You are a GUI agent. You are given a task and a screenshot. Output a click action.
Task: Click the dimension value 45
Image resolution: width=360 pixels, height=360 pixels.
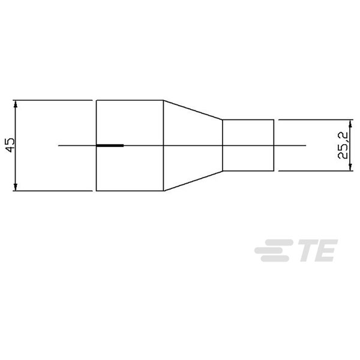pyautogui.click(x=10, y=145)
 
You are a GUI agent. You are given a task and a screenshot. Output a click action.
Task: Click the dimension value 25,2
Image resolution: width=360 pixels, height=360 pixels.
pyautogui.click(x=343, y=145)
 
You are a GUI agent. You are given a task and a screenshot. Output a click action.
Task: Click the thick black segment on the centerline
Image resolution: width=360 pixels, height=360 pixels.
pyautogui.click(x=110, y=146)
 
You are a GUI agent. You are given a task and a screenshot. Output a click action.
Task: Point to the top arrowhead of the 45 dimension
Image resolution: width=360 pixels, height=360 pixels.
pyautogui.click(x=16, y=104)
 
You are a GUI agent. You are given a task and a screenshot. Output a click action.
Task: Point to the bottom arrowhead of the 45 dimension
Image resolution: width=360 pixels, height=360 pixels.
pyautogui.click(x=16, y=187)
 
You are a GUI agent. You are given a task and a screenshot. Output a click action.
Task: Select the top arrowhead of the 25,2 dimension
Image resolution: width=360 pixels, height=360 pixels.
pyautogui.click(x=350, y=124)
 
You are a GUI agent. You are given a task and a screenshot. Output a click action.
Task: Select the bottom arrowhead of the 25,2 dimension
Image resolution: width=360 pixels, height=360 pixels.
pyautogui.click(x=350, y=167)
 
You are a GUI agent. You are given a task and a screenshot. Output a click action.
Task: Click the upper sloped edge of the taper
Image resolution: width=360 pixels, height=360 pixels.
pyautogui.click(x=193, y=110)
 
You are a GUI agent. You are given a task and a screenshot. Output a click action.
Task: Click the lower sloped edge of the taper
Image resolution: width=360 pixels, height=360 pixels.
pyautogui.click(x=193, y=181)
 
